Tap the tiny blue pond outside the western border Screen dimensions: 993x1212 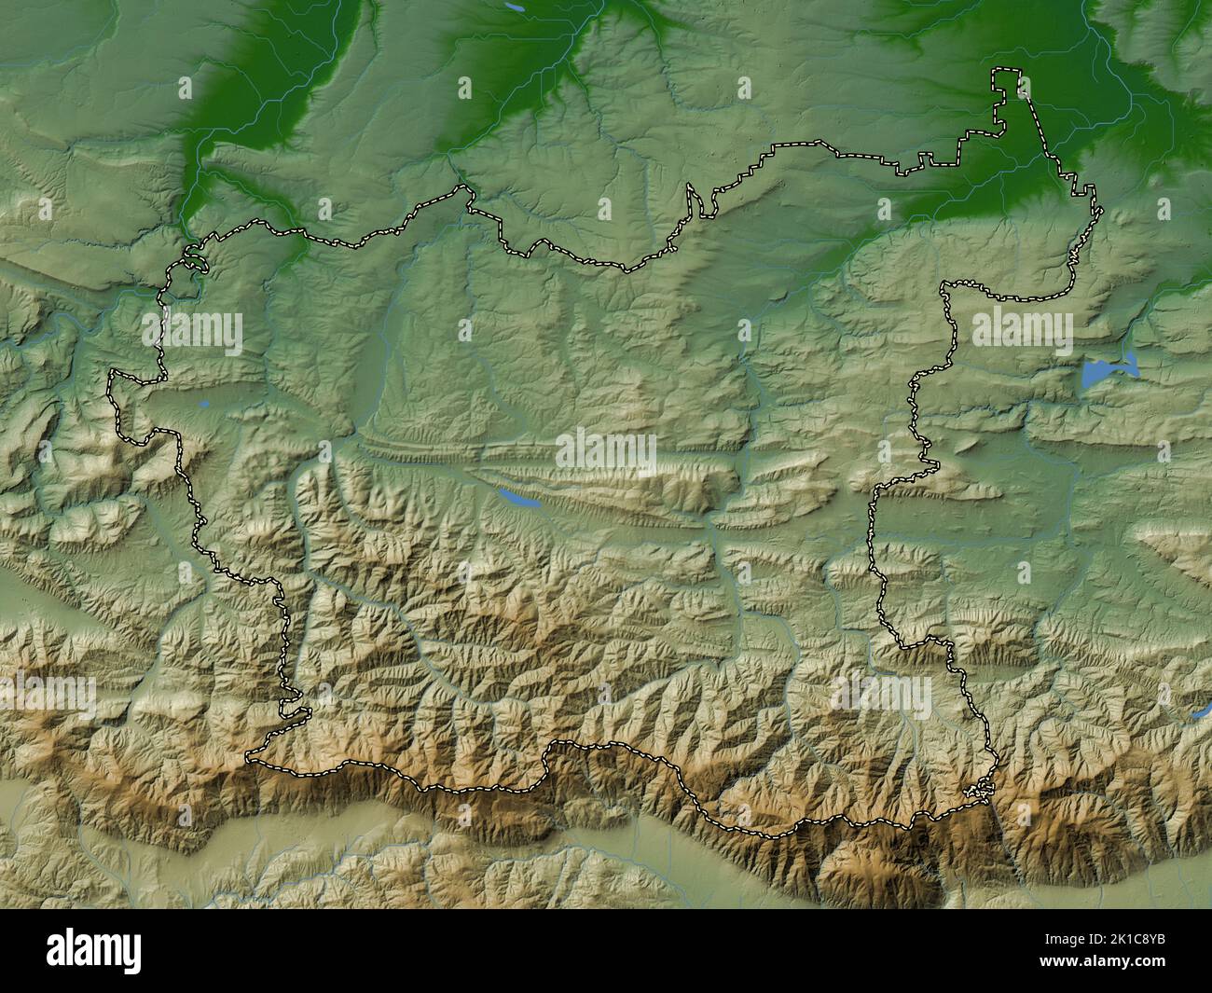tap(202, 405)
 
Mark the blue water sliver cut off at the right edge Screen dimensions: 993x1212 tap(1202, 712)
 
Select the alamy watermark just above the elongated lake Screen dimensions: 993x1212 tap(606, 453)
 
